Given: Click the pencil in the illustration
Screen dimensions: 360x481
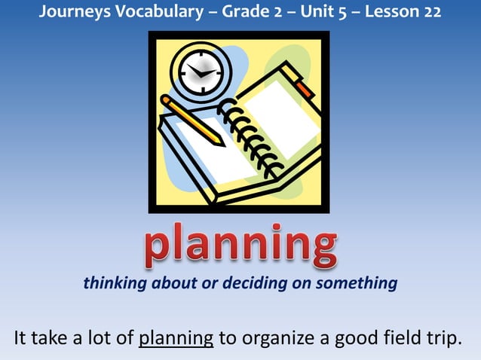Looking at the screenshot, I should pos(192,120).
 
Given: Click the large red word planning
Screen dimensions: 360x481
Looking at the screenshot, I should pos(240,245).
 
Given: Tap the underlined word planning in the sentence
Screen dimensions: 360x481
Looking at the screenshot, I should pos(176,337).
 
